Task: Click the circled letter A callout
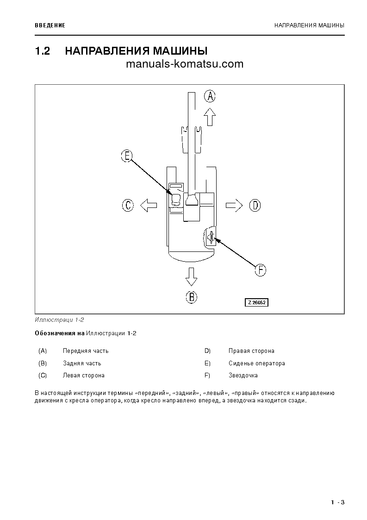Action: tap(210, 96)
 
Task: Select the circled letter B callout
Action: tap(192, 296)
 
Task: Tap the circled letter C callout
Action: tap(128, 205)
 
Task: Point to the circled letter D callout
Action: tap(255, 205)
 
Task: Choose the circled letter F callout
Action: tap(261, 270)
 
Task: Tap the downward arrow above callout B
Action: tap(191, 277)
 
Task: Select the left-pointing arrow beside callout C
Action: tap(149, 205)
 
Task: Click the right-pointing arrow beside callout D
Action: tap(234, 205)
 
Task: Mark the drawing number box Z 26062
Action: tap(257, 302)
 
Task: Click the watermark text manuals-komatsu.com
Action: tap(184, 64)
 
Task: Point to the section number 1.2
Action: tap(43, 51)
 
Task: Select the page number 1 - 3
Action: tap(338, 502)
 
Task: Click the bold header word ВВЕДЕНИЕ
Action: tap(50, 25)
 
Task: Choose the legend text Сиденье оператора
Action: tap(256, 363)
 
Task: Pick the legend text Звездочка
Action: tap(243, 376)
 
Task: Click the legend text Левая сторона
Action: tap(83, 376)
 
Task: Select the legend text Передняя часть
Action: tap(86, 351)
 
